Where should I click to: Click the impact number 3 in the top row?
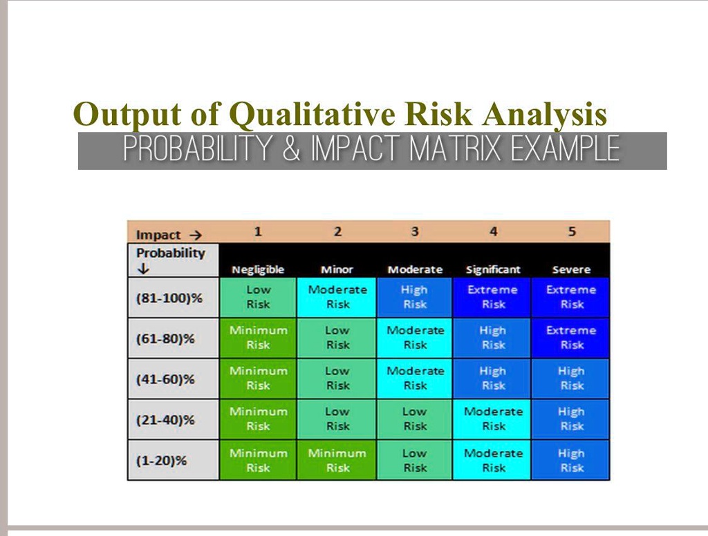[x=415, y=232]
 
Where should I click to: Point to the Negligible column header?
[x=258, y=269]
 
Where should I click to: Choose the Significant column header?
[x=493, y=269]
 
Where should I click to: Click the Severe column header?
[x=571, y=269]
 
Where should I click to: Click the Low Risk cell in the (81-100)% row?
[x=258, y=297]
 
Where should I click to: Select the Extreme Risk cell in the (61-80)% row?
[x=571, y=338]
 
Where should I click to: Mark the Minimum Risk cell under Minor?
[x=337, y=461]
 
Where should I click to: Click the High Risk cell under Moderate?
[x=415, y=297]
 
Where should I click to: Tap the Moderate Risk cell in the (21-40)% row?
[x=493, y=419]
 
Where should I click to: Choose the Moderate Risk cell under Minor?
[x=337, y=297]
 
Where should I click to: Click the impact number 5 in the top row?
[x=572, y=232]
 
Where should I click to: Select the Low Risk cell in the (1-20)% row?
[x=415, y=461]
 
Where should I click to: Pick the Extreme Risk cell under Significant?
[x=493, y=297]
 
